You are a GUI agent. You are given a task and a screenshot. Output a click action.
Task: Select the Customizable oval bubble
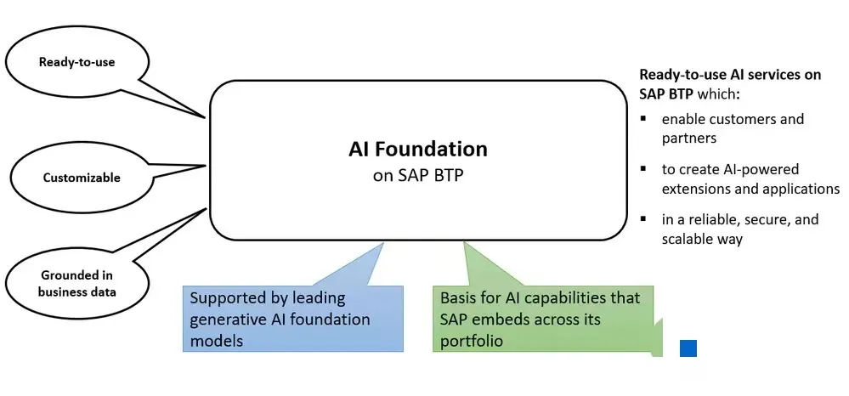tap(82, 178)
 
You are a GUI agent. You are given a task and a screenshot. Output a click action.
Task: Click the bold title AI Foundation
tap(418, 150)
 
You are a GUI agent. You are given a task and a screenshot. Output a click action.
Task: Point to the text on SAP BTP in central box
tap(418, 175)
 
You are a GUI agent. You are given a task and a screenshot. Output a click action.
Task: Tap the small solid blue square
tap(688, 348)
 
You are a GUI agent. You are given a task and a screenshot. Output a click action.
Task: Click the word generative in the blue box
tap(224, 320)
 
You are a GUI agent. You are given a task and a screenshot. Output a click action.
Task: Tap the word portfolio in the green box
tap(470, 341)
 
